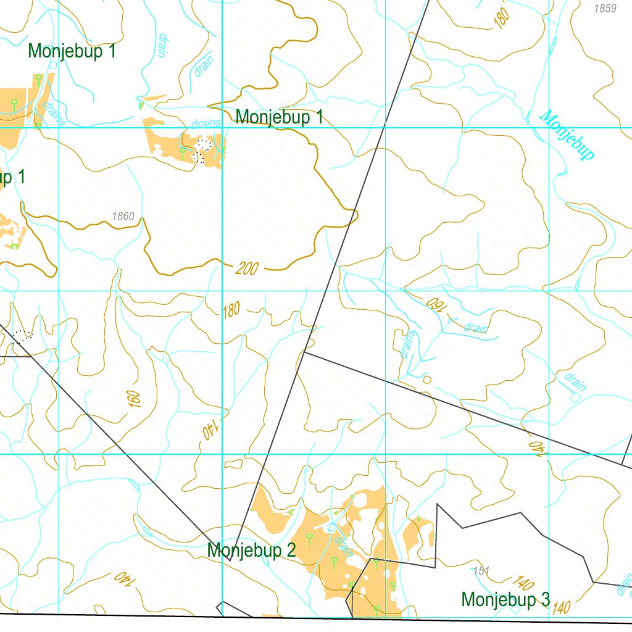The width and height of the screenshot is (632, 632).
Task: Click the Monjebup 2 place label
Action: (251, 550)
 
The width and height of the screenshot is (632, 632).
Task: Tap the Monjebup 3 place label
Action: (505, 599)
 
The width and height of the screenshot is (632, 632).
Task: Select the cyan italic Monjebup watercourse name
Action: (567, 135)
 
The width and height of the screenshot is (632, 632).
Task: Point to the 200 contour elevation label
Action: (247, 268)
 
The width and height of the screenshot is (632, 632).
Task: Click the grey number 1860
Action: (123, 216)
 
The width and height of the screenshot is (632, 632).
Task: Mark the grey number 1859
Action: (604, 9)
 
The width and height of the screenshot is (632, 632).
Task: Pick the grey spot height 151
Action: (481, 571)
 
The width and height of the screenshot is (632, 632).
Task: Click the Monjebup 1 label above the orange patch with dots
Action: (279, 117)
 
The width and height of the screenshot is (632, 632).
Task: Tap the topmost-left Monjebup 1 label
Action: (72, 51)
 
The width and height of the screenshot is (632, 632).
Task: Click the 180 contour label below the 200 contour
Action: (231, 310)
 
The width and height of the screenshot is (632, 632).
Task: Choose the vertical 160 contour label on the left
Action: (135, 399)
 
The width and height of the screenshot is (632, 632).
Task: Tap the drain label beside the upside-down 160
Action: (475, 328)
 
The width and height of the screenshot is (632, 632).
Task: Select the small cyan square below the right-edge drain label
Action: (575, 399)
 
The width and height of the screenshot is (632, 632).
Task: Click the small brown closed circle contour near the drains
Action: (426, 380)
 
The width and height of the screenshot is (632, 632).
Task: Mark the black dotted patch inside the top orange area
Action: (202, 149)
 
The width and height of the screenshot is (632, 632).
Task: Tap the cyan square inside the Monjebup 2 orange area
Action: (331, 526)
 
